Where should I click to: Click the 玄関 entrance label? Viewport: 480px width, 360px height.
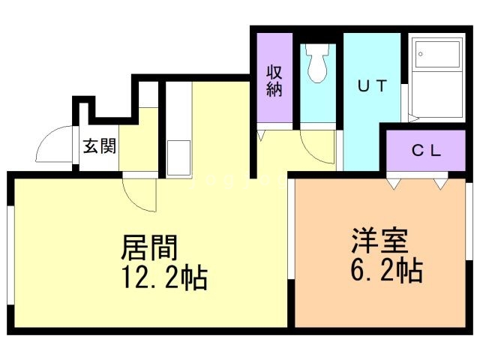click(98, 145)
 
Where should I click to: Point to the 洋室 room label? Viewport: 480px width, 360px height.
click(379, 241)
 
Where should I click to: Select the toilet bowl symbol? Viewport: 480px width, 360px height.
click(317, 67)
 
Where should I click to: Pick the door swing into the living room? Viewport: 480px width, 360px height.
click(139, 193)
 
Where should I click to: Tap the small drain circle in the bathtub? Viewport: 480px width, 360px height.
click(421, 54)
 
